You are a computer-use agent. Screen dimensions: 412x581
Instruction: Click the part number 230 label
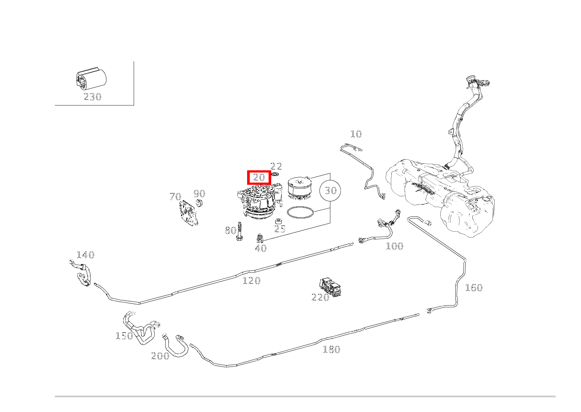[x=92, y=97]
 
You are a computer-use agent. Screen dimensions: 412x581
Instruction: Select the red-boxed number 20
[x=259, y=178]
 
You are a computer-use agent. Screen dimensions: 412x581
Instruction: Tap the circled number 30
[x=331, y=190]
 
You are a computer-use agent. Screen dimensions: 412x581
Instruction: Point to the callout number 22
[x=276, y=166]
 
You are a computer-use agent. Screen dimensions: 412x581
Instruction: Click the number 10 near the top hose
[x=356, y=134]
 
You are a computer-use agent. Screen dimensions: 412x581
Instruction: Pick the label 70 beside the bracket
[x=175, y=197]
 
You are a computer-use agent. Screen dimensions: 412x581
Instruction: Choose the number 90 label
[x=199, y=194]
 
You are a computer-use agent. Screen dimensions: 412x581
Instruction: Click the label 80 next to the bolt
[x=230, y=230]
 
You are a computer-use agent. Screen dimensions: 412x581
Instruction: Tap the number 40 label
[x=261, y=248]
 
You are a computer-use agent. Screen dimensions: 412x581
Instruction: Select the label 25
[x=280, y=229]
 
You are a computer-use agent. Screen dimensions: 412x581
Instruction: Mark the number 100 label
[x=394, y=246]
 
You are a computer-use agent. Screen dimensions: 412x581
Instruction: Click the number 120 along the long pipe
[x=252, y=281]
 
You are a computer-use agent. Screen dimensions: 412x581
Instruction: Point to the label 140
[x=85, y=255]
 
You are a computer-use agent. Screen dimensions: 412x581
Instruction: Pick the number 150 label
[x=124, y=336]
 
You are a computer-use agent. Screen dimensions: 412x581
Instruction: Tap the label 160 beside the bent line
[x=473, y=288]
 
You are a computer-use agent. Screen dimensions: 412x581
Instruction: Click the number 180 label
[x=331, y=349]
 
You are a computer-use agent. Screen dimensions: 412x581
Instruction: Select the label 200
[x=160, y=356]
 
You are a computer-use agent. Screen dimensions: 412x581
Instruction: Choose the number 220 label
[x=320, y=297]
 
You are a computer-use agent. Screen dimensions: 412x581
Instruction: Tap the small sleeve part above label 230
[x=91, y=79]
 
